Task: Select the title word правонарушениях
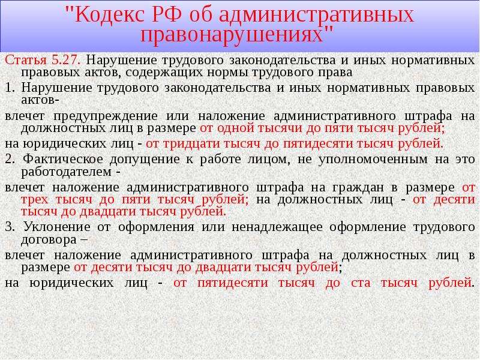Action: coord(232,35)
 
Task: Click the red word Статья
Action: coord(26,60)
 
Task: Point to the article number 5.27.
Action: coord(66,60)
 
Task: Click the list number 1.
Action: coord(10,88)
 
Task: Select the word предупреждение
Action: coord(106,116)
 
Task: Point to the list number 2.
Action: coord(10,159)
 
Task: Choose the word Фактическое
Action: coord(63,159)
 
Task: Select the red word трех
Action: coord(35,200)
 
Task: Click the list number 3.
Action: coord(10,227)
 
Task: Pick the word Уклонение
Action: coord(56,227)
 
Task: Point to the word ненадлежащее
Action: coord(277,227)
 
